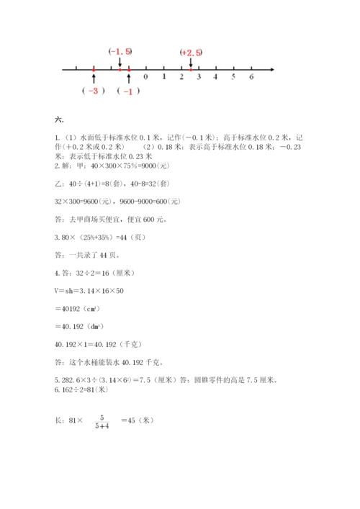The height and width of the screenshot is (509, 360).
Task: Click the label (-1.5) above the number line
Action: click(x=120, y=51)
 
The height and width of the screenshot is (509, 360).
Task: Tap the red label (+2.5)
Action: click(x=192, y=53)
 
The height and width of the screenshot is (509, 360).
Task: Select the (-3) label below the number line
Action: click(x=94, y=91)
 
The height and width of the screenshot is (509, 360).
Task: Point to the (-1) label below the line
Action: click(x=128, y=91)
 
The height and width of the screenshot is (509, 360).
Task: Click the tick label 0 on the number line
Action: click(x=146, y=76)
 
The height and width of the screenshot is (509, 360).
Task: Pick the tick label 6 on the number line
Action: click(x=251, y=76)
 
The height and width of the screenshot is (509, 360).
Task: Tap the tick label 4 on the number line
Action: click(x=216, y=76)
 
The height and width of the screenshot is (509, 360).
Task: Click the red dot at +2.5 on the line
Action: click(x=190, y=69)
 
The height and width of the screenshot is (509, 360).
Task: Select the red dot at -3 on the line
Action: click(x=94, y=69)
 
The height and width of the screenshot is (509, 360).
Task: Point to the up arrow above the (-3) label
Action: click(x=94, y=78)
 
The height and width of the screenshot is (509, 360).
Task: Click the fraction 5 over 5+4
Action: click(x=102, y=422)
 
